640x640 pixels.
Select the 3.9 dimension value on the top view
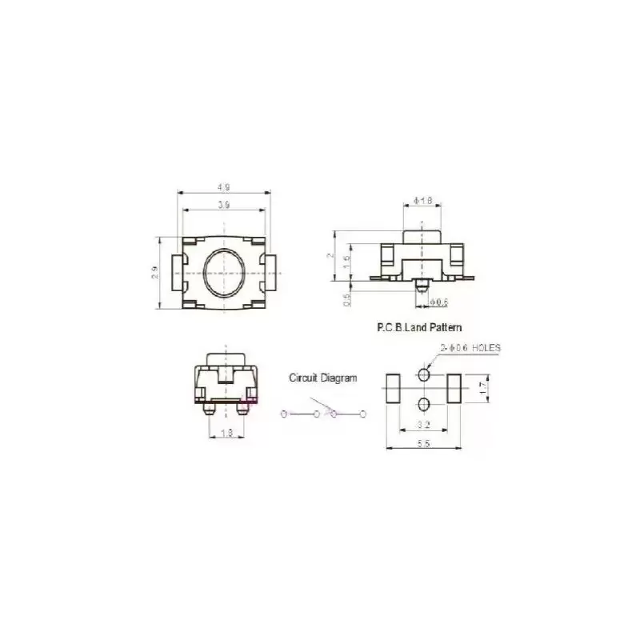(x=223, y=206)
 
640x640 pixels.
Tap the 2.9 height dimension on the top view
(x=157, y=273)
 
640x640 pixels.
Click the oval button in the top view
(x=224, y=272)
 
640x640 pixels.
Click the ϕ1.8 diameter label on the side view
(x=422, y=201)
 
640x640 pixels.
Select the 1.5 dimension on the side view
(x=346, y=260)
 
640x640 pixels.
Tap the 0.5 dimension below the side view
(x=346, y=299)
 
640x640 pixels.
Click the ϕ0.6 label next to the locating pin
(x=439, y=302)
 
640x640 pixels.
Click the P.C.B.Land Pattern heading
(x=419, y=327)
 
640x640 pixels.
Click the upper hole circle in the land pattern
(x=424, y=374)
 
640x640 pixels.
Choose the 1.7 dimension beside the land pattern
(x=483, y=386)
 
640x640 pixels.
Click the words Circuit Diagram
(x=323, y=378)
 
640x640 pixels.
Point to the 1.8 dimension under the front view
(x=226, y=433)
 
